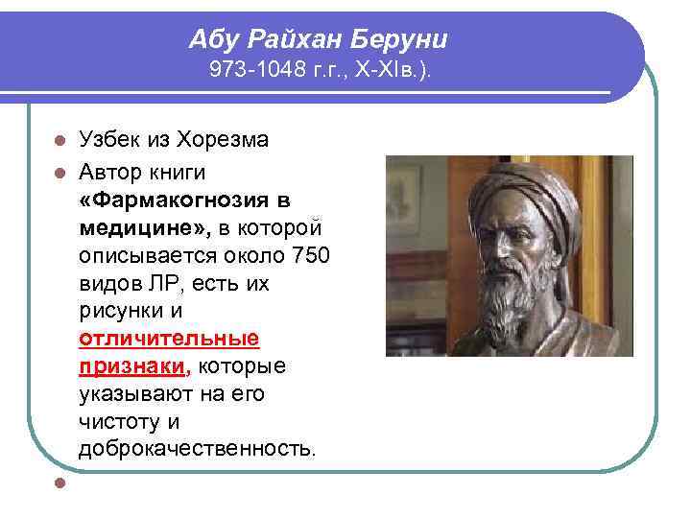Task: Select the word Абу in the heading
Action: [212, 39]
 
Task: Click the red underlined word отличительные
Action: [169, 339]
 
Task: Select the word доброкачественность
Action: [196, 448]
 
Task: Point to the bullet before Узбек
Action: [60, 140]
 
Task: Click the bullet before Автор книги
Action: [60, 172]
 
